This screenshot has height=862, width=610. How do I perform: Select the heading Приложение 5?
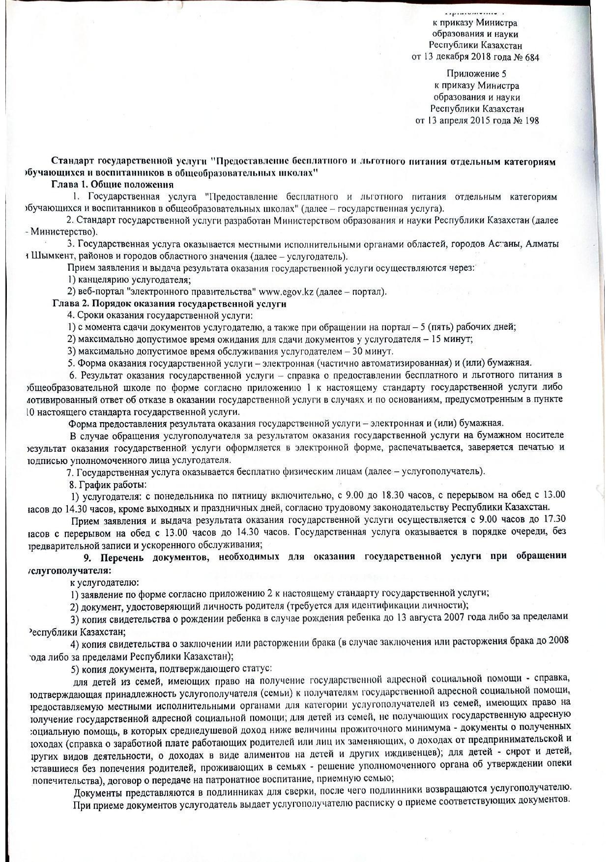pos(476,74)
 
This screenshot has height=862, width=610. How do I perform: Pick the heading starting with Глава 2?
pos(170,304)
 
